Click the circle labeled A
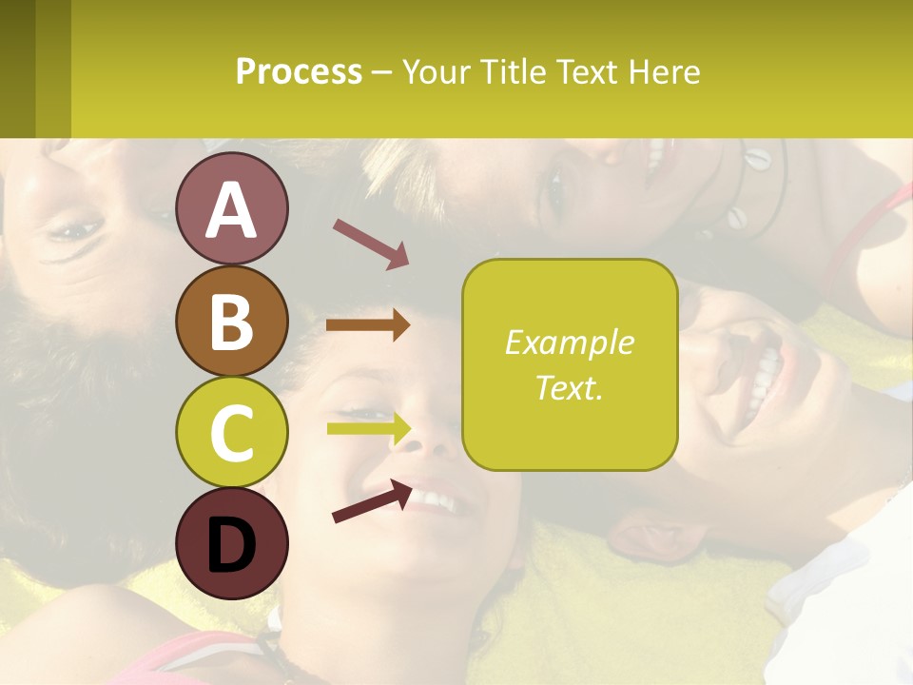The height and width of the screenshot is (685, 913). point(231,208)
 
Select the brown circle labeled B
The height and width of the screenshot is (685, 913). point(231,321)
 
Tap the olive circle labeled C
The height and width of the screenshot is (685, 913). point(231,432)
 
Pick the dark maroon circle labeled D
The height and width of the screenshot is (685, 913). point(231,543)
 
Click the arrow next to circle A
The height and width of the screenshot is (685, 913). point(370,243)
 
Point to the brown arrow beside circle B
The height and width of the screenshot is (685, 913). point(367,325)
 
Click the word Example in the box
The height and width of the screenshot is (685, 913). point(569,342)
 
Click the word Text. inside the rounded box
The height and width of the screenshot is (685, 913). point(569,387)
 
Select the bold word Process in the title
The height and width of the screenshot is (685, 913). point(299,71)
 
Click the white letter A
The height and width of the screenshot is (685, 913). point(231,210)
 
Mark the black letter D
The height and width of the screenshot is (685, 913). point(231,545)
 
